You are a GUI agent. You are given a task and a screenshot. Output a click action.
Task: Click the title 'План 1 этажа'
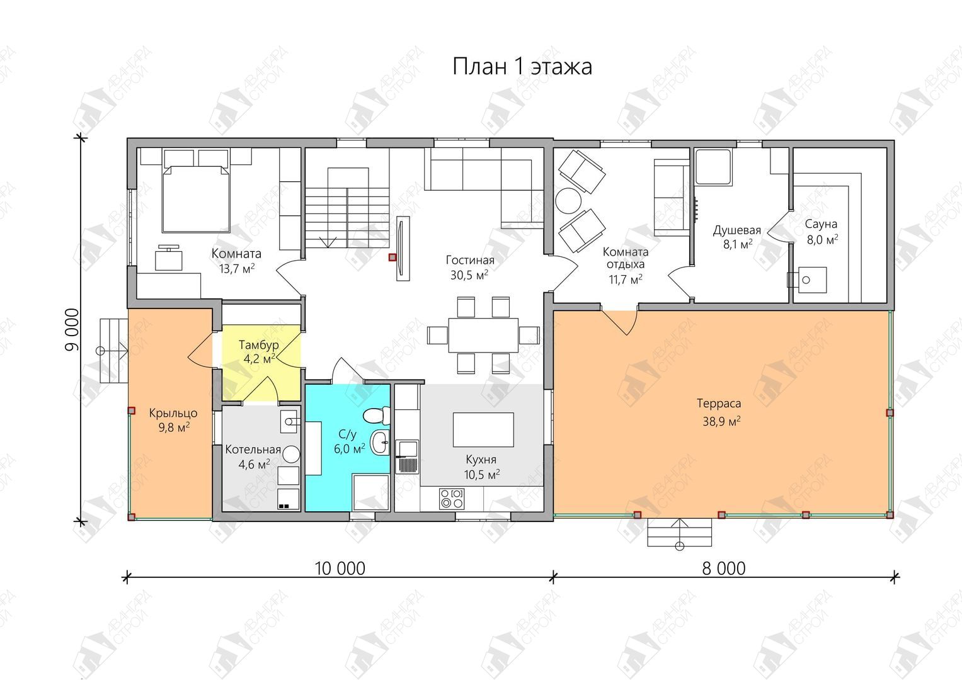click(522, 67)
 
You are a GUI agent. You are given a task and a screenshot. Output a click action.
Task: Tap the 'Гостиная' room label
click(470, 260)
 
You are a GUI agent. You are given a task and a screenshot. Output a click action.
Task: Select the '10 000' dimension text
click(340, 569)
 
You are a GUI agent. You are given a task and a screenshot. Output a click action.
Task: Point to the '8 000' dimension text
click(724, 569)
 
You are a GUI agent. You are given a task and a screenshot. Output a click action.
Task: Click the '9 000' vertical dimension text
click(72, 329)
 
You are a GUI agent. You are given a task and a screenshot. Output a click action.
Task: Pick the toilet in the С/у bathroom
click(376, 415)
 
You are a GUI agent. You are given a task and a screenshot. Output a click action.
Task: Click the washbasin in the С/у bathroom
click(380, 442)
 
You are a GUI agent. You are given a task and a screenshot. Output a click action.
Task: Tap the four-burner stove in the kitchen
click(451, 499)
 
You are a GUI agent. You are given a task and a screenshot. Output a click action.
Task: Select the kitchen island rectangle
click(483, 429)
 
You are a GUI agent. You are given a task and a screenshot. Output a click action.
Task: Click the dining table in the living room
click(483, 335)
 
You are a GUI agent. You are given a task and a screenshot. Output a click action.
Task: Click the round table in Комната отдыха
click(568, 200)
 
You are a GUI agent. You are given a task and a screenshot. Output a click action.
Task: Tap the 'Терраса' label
click(719, 404)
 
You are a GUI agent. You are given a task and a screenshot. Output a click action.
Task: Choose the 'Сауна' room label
click(821, 224)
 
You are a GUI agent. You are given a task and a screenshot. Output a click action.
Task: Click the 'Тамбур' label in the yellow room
click(258, 345)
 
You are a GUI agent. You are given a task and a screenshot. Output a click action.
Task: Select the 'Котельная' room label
click(253, 450)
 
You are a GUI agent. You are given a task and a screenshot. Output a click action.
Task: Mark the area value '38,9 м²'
click(721, 421)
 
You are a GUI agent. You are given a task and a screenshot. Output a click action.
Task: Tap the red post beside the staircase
click(392, 257)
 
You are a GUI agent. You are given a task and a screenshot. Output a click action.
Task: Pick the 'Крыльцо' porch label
click(173, 414)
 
